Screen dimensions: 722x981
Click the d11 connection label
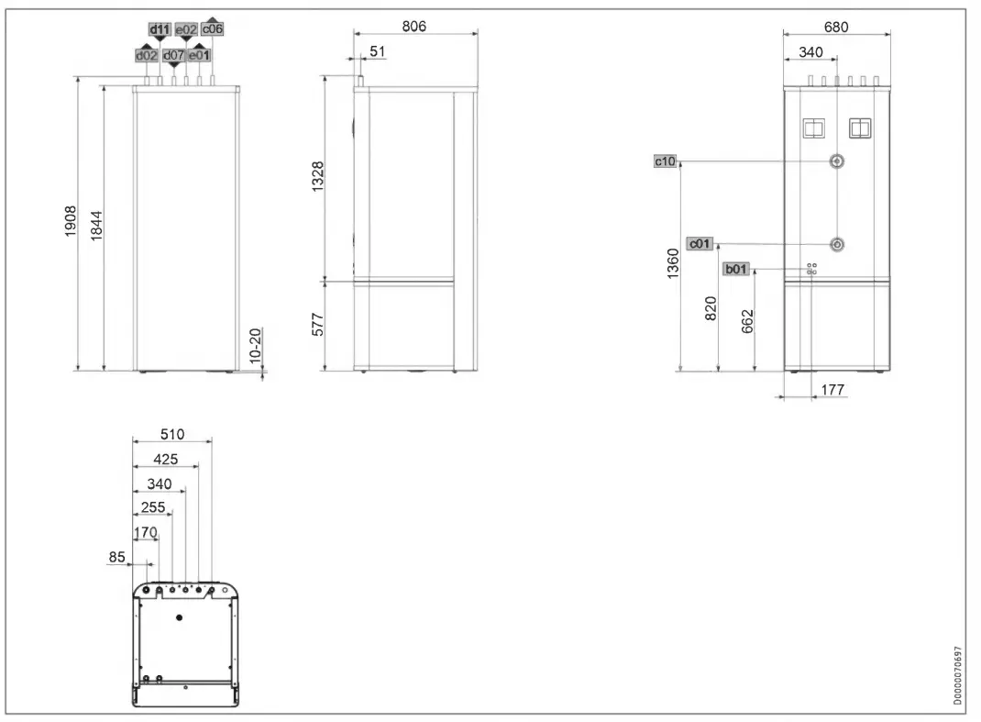pos(160,30)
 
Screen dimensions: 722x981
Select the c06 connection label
pos(213,29)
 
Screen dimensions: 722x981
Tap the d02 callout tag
pos(147,56)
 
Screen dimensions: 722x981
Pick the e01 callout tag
pos(200,56)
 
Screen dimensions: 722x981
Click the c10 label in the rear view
pos(665,161)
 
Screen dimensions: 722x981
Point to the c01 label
pos(700,244)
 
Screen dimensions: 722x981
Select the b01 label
pos(736,269)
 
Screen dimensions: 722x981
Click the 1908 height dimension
pos(72,223)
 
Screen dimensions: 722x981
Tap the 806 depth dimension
pos(414,27)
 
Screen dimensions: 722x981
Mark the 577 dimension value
pos(317,325)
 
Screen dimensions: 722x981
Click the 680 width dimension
pos(835,28)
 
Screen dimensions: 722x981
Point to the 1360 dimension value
pos(673,264)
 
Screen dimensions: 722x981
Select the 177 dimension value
pos(832,391)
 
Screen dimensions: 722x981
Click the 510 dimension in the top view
pos(172,434)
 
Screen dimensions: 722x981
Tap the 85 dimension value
pos(117,557)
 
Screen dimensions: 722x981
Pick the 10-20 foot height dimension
pos(255,342)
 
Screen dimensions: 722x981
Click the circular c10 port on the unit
pos(837,161)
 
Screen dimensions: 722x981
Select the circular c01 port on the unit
pos(837,245)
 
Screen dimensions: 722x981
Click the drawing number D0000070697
pos(958,675)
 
